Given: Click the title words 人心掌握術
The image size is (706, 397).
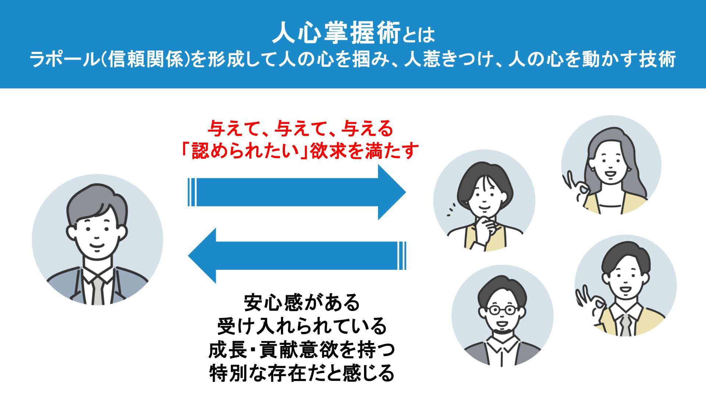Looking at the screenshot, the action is point(336,35).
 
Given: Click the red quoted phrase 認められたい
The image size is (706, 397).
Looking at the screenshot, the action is point(246,151).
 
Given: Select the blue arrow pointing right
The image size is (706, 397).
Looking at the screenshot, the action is point(297,192).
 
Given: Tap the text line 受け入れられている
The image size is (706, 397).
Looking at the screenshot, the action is point(302,326).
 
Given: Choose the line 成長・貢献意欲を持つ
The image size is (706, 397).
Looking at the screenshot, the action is point(302,350).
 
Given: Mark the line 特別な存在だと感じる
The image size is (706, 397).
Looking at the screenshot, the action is point(302,373).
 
